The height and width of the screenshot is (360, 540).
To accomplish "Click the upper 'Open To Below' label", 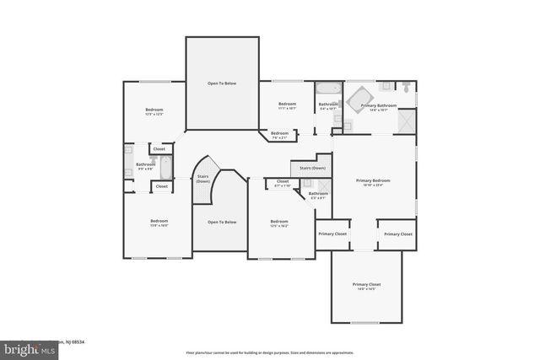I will point(222,83).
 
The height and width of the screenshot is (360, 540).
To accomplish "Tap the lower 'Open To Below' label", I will point(222,222).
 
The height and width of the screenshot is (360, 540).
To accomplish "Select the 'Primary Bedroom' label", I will point(372,180).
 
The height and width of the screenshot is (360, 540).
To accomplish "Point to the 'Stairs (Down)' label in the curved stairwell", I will point(202,179).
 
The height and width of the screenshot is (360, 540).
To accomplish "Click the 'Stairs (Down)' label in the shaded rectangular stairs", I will point(312,168).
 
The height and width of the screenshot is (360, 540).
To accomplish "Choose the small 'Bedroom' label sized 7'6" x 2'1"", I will point(279,134).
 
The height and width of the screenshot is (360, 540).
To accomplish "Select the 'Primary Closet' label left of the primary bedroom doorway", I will point(332,234).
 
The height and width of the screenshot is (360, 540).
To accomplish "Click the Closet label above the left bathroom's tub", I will point(159,149).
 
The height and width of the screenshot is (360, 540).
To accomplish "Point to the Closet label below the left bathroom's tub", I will point(161,186).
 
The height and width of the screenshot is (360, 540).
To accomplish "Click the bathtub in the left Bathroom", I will point(165,167).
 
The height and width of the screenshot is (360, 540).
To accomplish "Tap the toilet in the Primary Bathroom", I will point(406,86).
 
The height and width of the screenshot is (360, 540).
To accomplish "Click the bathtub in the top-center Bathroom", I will point(327,88).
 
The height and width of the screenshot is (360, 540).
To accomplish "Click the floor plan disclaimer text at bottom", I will point(270,352).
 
